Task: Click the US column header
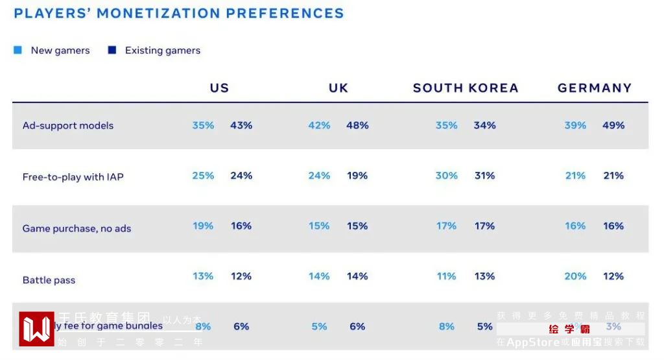coord(219,88)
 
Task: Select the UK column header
coord(338,88)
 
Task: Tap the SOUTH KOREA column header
coord(466,88)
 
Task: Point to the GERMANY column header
coord(595,88)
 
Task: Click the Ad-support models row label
coord(68,126)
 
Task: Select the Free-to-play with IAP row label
coord(73,177)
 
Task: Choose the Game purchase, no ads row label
coord(77,228)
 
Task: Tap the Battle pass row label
coord(49,280)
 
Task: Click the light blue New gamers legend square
coord(18,50)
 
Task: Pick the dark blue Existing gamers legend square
coord(112,50)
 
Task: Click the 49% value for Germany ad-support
coord(613,125)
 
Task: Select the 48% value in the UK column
coord(357,125)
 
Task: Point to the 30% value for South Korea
coord(446,176)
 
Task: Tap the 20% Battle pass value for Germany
coord(575,276)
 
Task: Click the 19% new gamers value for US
coord(203,226)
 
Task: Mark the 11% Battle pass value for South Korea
coord(446,276)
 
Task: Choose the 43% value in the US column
coord(241,125)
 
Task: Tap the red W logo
coord(36,329)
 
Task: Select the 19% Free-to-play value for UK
coord(357,176)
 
